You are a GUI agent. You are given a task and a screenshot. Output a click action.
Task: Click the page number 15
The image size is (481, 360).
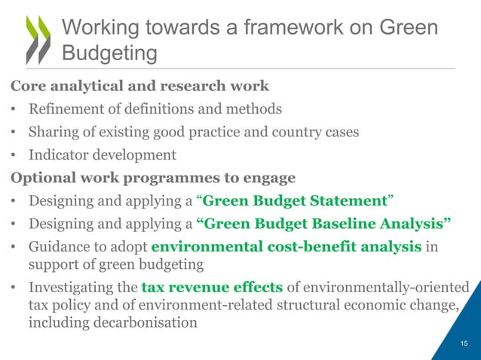pos(464,343)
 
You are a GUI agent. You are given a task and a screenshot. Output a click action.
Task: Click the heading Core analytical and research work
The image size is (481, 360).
pos(139,85)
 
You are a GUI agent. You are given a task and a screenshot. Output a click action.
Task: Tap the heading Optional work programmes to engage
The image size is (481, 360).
pos(152,178)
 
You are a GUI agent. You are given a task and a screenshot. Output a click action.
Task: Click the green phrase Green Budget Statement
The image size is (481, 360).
pos(295,201)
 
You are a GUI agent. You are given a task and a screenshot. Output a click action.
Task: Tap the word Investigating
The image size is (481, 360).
pos(74,288)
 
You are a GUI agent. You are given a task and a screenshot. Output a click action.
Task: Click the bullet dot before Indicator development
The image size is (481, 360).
pos(14,156)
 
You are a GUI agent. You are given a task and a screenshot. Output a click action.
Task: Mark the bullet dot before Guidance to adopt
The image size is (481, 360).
pos(14,247)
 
